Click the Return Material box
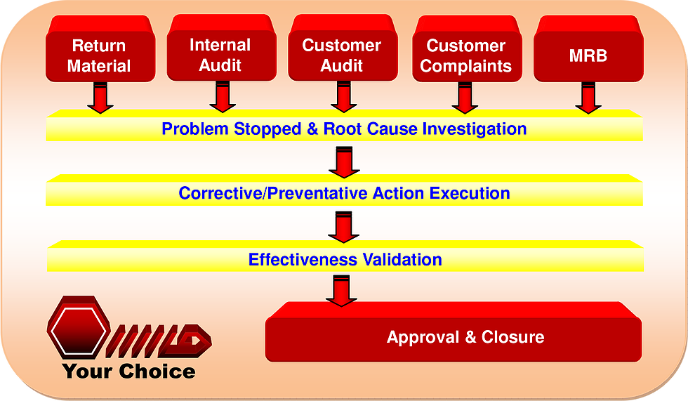[x=100, y=48]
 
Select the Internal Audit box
[x=222, y=48]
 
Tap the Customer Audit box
[x=343, y=48]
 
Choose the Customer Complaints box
[x=467, y=48]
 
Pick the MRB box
[x=588, y=48]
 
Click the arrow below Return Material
[x=100, y=98]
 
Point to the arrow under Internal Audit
[x=223, y=97]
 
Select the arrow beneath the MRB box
[x=588, y=98]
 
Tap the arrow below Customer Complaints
[x=465, y=98]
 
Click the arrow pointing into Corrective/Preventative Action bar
[x=344, y=162]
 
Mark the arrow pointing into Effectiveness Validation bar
[x=343, y=228]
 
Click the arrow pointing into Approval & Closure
[x=341, y=291]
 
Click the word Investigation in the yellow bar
[x=475, y=129]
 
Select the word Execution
[x=470, y=193]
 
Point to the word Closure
[x=513, y=337]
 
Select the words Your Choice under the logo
[x=128, y=372]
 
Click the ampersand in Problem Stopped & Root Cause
[x=312, y=129]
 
